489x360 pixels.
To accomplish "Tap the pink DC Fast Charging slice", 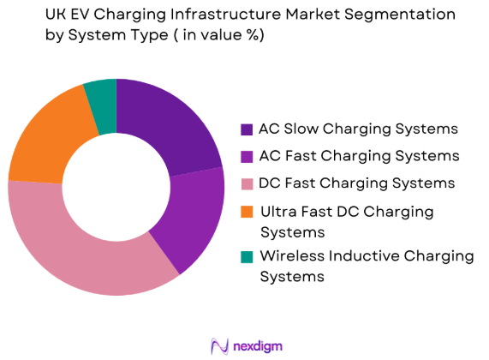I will coord(86,249).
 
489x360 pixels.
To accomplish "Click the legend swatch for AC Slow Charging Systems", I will coord(247,129).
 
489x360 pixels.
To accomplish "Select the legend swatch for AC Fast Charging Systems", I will coord(247,156).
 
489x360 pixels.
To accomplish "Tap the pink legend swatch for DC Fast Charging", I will coord(247,183).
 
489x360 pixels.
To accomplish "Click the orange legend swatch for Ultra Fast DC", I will coord(247,211).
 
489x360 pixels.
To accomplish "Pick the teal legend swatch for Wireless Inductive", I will coord(247,256).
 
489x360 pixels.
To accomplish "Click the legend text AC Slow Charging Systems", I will coord(358,129).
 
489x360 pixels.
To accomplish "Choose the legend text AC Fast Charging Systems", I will coord(358,156).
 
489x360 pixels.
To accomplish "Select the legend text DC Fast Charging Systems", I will coord(358,183).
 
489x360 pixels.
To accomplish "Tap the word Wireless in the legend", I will coord(293,256).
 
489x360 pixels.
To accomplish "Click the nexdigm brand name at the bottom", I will coord(258,346).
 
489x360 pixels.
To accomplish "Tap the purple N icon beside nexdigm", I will coord(218,345).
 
